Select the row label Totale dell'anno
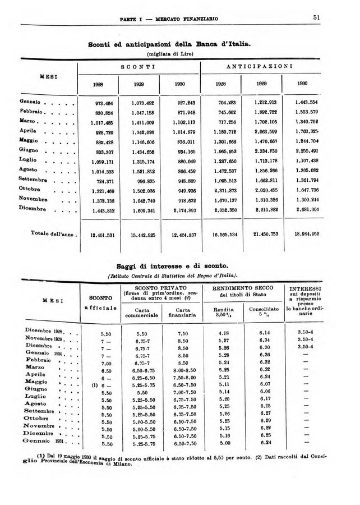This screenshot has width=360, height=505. coord(48,233)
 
